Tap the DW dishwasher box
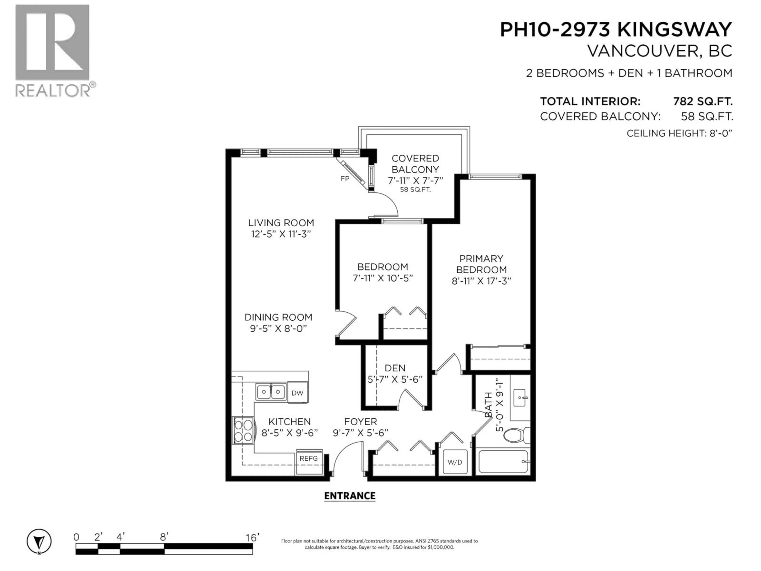pos(297,393)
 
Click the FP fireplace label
pos(345,178)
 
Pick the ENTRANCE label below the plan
pos(350,496)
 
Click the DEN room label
pos(395,368)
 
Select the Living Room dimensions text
pos(281,234)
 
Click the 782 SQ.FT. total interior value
pos(703,102)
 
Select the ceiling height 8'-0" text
pos(679,133)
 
